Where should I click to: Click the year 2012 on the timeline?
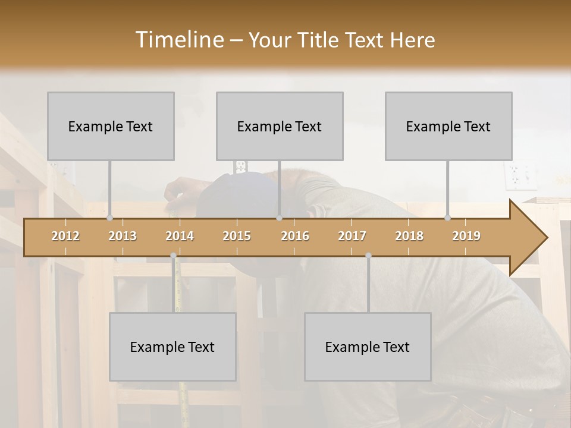pos(65,236)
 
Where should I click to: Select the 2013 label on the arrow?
pos(123,236)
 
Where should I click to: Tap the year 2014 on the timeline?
pos(180,236)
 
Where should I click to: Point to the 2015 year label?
pos(237,236)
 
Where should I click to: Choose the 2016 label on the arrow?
pos(295,236)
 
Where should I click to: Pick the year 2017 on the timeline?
pos(352,236)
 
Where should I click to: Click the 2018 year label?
pos(409,236)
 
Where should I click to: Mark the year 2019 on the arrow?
pos(466,236)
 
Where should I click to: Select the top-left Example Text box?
pos(111,127)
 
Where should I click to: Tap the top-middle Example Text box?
pos(280,127)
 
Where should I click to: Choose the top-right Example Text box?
pos(448,127)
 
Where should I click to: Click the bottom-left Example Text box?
pos(172,347)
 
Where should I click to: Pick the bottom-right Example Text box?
pos(368,347)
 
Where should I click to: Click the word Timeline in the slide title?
pos(179,40)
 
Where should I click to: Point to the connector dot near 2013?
pos(110,218)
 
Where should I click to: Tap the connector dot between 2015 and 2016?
pos(279,218)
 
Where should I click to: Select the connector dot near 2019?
pos(448,218)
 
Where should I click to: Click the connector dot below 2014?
pos(173,256)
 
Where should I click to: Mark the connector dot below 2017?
pos(368,256)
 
